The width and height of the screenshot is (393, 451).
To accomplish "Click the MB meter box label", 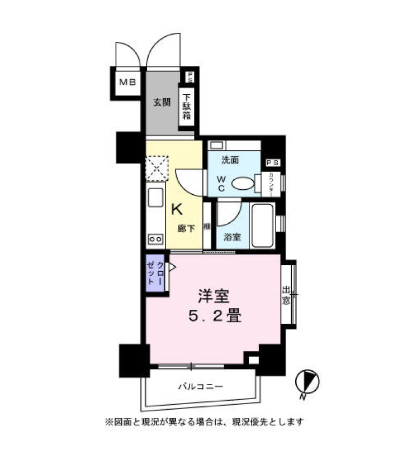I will (126, 83).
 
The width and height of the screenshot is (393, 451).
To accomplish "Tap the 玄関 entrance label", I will (162, 103).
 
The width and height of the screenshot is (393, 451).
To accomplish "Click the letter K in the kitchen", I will (176, 209).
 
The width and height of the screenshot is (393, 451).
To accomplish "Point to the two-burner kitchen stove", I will (155, 239).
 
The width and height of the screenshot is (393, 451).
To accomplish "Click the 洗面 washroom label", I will (230, 160).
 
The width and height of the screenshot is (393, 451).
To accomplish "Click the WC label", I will (222, 184).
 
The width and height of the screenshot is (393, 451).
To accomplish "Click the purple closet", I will (155, 274).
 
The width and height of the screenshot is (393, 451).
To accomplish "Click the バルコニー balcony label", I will (201, 386).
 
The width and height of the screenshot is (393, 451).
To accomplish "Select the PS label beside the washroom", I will (273, 162).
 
